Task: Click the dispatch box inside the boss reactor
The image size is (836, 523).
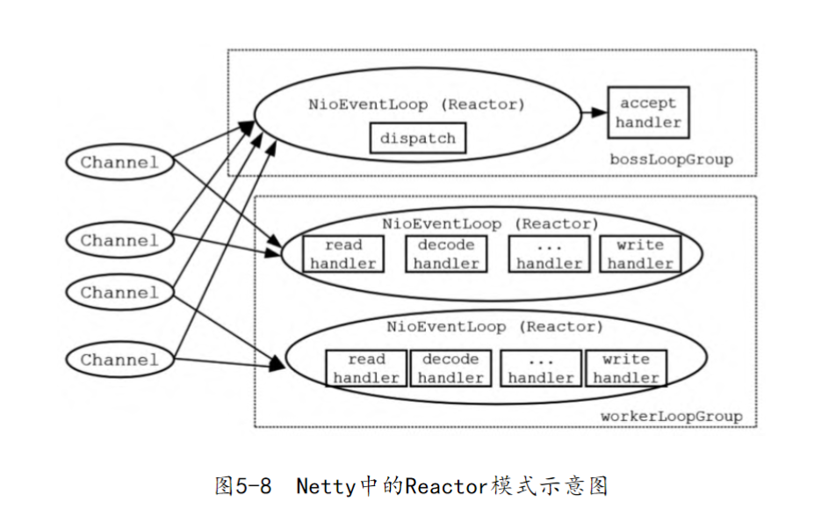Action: click(x=417, y=139)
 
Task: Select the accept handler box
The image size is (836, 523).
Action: click(x=648, y=113)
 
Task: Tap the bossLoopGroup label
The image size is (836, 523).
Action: click(x=671, y=160)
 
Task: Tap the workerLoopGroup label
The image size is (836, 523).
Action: click(x=671, y=416)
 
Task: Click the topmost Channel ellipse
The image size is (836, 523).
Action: click(x=119, y=163)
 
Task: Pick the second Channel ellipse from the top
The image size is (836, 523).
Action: click(x=119, y=240)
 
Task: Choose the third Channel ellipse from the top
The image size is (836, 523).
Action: click(x=119, y=293)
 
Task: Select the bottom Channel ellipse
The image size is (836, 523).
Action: click(x=119, y=360)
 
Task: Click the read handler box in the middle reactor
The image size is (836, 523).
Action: click(x=343, y=254)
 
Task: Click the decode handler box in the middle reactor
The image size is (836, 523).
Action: click(x=446, y=254)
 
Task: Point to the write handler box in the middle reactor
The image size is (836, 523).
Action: click(x=639, y=254)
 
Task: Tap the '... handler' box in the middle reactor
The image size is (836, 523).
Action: click(x=549, y=254)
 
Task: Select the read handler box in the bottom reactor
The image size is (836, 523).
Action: click(x=366, y=368)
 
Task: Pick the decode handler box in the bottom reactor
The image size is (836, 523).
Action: click(x=450, y=368)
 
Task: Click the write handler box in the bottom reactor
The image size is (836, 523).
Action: click(x=625, y=368)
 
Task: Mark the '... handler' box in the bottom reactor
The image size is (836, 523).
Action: click(x=540, y=368)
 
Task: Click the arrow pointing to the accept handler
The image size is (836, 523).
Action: click(x=594, y=113)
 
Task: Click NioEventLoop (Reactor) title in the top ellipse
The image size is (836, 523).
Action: click(x=416, y=104)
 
